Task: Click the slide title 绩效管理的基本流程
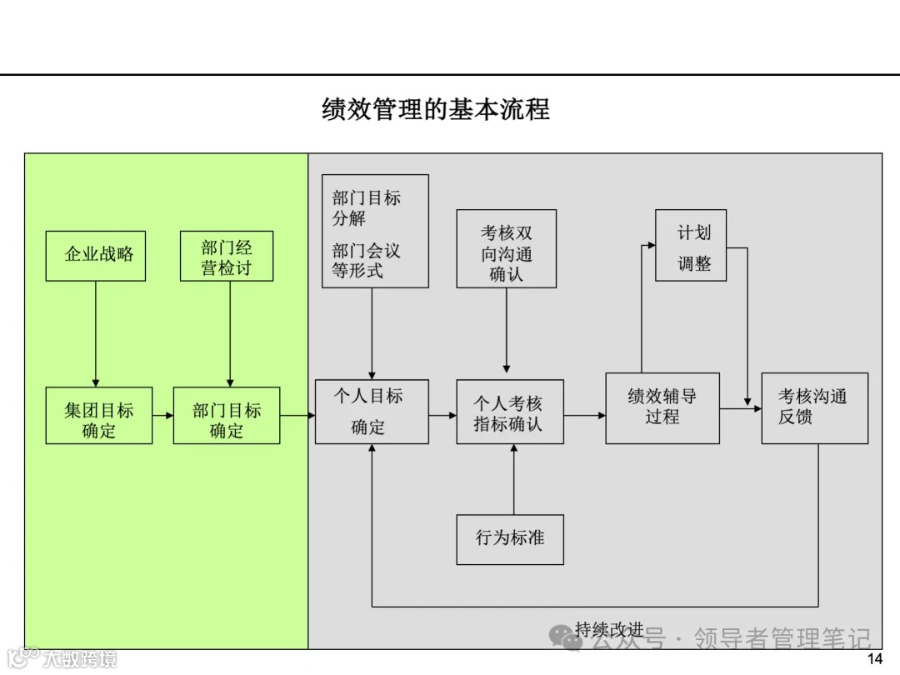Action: click(x=435, y=110)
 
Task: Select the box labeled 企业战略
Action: click(x=96, y=255)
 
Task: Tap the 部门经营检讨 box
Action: click(x=227, y=257)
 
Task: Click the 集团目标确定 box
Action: click(x=99, y=415)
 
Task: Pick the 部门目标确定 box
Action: click(x=227, y=415)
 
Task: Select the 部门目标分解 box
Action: click(x=375, y=231)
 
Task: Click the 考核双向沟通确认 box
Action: click(x=507, y=248)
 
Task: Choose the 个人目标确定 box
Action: click(x=372, y=412)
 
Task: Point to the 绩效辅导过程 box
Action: click(x=662, y=407)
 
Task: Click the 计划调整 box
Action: click(x=691, y=245)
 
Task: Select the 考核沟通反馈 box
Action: click(x=814, y=407)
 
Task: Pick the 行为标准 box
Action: click(x=510, y=539)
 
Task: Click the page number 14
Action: click(x=874, y=660)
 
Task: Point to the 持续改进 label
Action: click(x=609, y=629)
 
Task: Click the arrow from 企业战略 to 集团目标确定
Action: click(x=96, y=333)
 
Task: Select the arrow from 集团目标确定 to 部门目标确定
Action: click(x=162, y=415)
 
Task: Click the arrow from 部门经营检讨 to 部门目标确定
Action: click(x=230, y=333)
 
